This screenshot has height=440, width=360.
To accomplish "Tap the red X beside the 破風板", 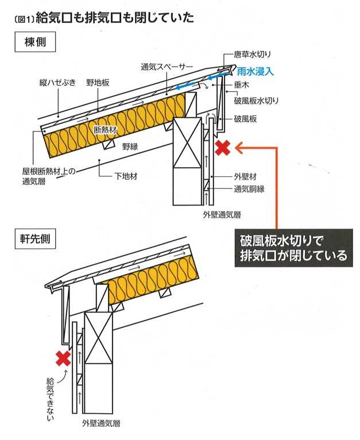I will click(222, 148).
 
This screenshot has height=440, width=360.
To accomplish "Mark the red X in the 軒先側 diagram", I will click(63, 358).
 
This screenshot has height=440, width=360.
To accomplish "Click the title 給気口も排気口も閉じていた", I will click(114, 18).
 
